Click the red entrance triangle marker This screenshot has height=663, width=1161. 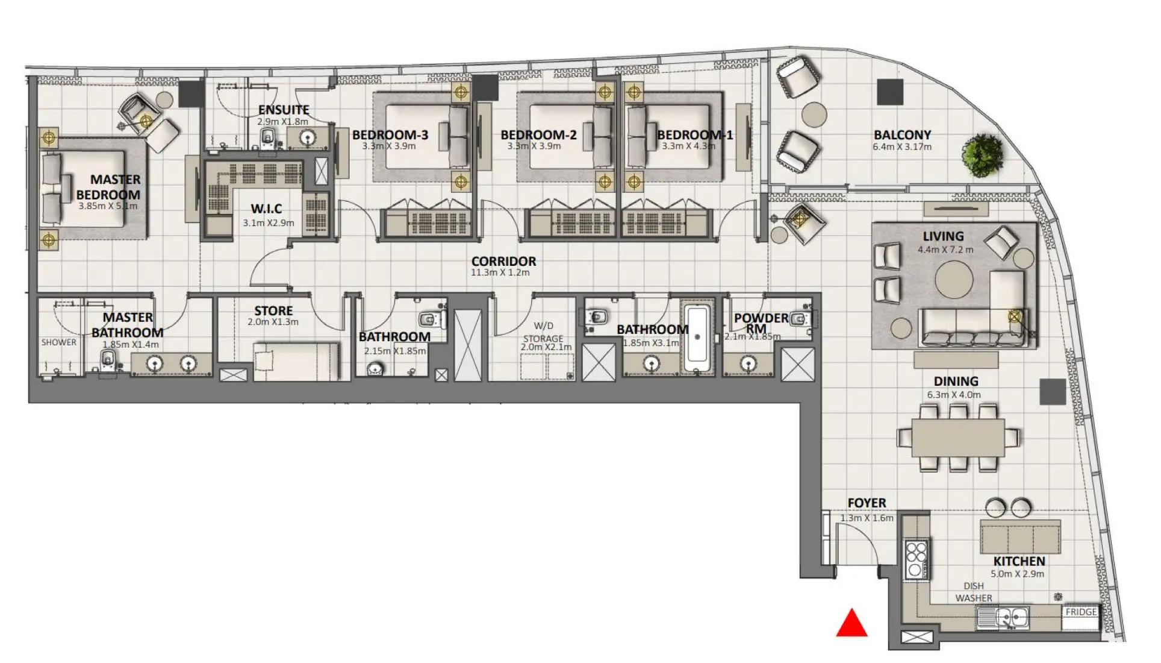click(851, 624)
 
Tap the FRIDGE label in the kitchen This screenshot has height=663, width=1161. click(1081, 612)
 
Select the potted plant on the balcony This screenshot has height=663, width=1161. click(983, 156)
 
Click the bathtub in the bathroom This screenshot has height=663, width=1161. click(697, 339)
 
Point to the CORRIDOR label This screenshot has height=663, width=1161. click(503, 261)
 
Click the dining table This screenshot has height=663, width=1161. click(957, 437)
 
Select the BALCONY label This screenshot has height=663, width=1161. click(902, 135)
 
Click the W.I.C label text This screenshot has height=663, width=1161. click(266, 209)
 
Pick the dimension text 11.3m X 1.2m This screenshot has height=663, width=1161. click(500, 272)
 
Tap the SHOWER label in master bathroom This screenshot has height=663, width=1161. click(58, 342)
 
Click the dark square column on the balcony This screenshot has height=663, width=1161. click(889, 92)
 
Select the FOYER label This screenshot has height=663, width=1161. click(867, 503)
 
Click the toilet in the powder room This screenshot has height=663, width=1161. click(800, 319)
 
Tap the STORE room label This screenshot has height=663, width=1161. click(273, 311)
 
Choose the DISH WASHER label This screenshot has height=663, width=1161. click(973, 592)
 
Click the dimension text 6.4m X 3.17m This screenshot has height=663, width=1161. click(902, 147)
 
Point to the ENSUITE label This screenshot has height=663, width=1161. click(284, 110)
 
